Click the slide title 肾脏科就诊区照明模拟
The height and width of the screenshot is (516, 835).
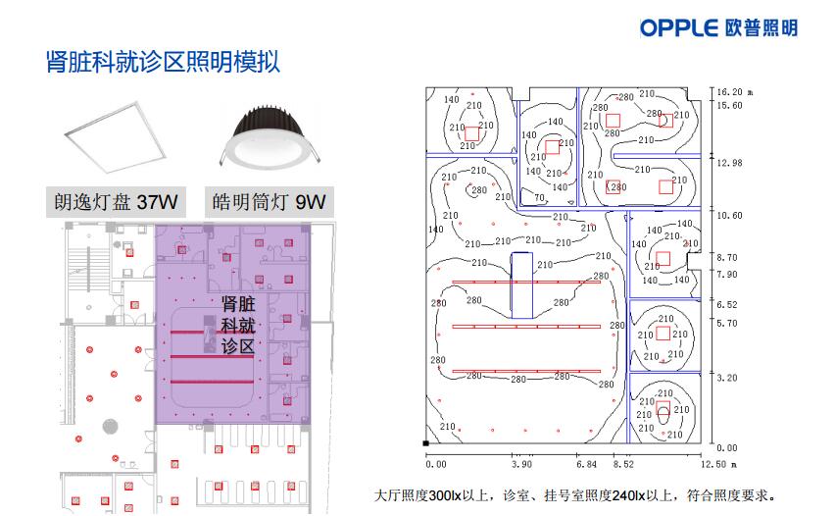163,62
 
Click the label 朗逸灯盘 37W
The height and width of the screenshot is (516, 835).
116,202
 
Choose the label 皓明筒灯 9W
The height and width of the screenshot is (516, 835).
269,202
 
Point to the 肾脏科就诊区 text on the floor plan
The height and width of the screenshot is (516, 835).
238,325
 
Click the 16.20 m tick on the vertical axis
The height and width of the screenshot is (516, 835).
734,92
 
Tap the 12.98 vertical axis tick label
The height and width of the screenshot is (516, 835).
729,163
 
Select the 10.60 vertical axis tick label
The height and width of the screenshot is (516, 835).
729,216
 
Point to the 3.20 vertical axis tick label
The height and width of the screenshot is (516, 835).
727,378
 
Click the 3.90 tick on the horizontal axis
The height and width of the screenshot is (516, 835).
521,464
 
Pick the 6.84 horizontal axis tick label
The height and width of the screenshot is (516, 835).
586,464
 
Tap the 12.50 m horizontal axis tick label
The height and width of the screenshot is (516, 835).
718,464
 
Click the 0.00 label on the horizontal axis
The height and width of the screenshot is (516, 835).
435,464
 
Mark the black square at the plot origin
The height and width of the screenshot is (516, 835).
425,443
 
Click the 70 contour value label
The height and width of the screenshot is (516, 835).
539,198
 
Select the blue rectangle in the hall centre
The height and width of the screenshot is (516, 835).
521,285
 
